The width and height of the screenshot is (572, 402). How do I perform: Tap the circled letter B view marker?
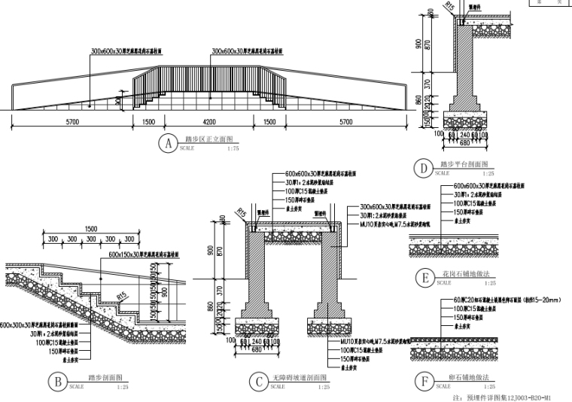(x=57, y=381)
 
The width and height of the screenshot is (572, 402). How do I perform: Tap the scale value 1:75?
(x=233, y=148)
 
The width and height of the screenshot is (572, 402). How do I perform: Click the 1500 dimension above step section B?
(x=91, y=229)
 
